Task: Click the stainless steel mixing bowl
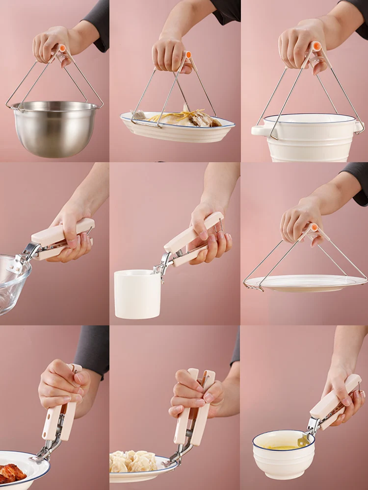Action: (x=54, y=130)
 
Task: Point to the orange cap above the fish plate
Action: (x=187, y=55)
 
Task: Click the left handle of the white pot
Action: (x=258, y=131)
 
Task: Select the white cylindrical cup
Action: (x=137, y=294)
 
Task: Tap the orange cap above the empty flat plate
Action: (x=313, y=227)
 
